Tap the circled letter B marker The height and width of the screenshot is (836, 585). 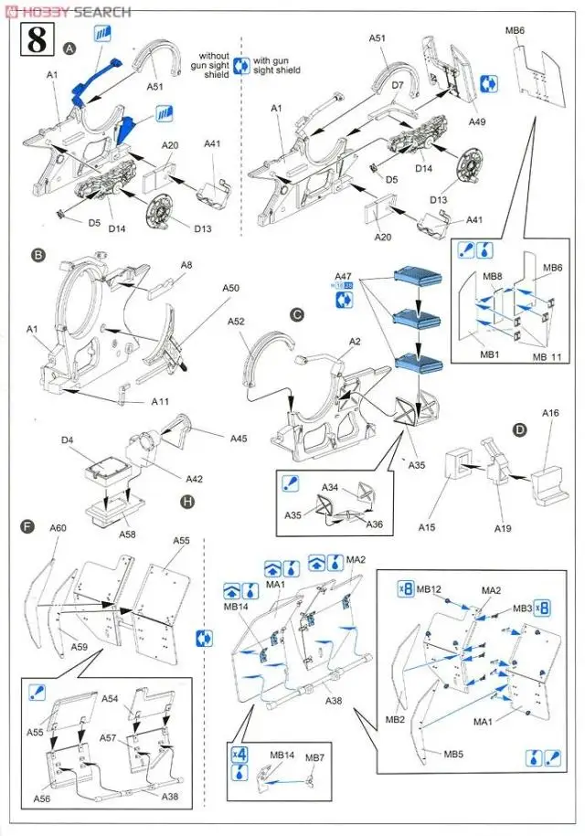coord(38,258)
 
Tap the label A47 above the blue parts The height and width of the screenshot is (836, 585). coord(343,275)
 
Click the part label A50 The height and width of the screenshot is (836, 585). coord(230,288)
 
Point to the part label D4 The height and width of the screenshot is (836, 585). coord(67,441)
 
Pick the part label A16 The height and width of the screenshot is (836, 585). coord(549,414)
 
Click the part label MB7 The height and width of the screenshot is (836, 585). coord(314,758)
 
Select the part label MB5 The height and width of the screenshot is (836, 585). coord(454,755)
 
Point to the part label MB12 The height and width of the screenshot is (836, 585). coord(429,589)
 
